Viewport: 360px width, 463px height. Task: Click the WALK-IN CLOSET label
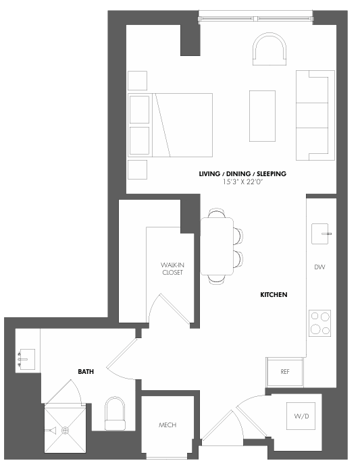[172, 268]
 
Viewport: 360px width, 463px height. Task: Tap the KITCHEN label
[274, 295]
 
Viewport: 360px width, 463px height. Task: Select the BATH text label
[86, 371]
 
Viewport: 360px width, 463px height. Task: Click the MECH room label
[168, 425]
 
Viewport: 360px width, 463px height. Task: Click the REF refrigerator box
[285, 371]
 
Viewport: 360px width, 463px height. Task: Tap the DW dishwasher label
[319, 267]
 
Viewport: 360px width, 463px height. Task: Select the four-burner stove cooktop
[319, 323]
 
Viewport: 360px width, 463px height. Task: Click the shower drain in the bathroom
[66, 430]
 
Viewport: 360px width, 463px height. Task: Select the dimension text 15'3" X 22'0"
[242, 182]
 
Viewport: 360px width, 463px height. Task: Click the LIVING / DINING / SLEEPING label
[242, 173]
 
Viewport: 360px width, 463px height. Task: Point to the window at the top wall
[257, 15]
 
